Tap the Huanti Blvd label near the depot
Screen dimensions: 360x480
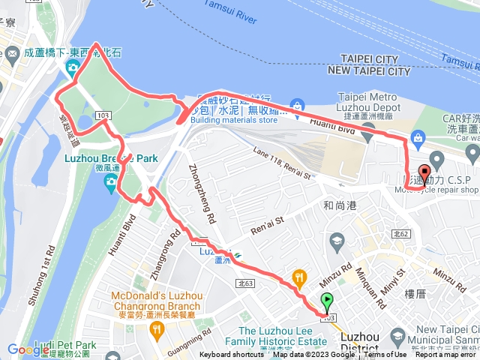325,124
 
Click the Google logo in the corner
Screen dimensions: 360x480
28,349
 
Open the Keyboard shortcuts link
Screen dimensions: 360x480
232,355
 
